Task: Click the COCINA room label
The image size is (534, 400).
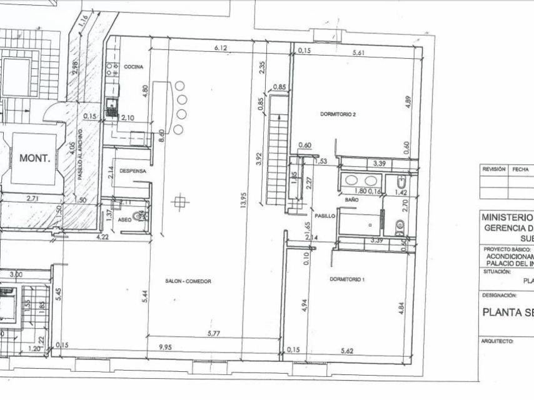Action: click(134, 67)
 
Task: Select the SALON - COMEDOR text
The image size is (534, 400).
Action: click(188, 281)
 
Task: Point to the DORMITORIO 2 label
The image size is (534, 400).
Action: click(338, 114)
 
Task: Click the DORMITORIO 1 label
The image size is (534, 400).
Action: click(347, 279)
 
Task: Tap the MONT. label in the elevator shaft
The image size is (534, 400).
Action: click(34, 158)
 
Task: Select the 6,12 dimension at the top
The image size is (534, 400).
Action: click(220, 47)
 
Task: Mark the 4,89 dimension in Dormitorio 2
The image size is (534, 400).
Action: click(407, 102)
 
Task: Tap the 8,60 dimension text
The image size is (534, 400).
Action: click(162, 136)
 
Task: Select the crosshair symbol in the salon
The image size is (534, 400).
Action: click(181, 201)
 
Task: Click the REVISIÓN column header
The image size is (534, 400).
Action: click(493, 169)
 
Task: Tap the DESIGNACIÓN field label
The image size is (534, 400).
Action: click(499, 294)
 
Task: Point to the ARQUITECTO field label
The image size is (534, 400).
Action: click(497, 341)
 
